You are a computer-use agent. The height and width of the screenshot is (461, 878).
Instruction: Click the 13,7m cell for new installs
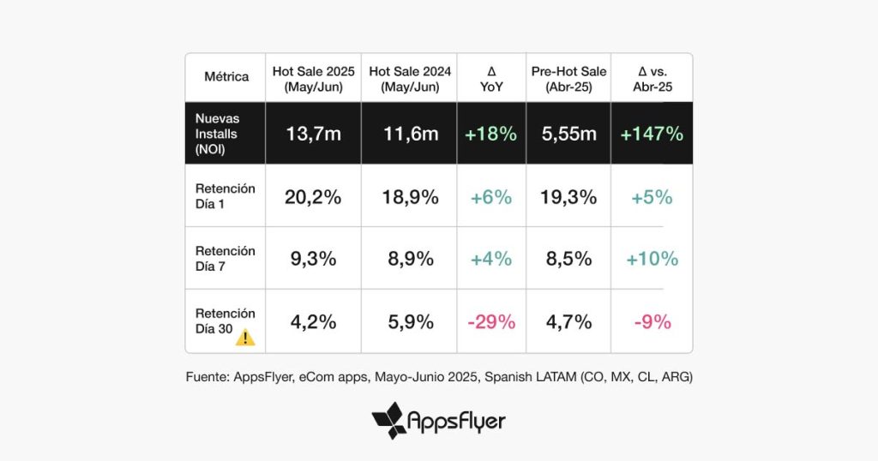tap(313, 134)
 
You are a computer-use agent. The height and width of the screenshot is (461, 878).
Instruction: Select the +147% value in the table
tap(652, 134)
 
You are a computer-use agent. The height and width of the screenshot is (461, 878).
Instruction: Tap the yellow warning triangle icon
tap(246, 337)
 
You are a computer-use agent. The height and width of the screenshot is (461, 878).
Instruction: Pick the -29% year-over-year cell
tap(491, 322)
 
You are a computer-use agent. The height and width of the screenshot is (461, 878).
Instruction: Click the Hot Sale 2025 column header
tap(313, 78)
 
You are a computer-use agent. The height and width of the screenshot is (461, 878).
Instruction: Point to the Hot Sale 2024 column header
tap(410, 78)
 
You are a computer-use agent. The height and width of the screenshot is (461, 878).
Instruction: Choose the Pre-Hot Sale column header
tap(569, 78)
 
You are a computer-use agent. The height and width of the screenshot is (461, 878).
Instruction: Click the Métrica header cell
tap(226, 76)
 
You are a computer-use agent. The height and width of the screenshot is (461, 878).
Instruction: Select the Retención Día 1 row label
tap(226, 196)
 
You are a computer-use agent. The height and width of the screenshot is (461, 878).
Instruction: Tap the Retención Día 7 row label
tap(226, 259)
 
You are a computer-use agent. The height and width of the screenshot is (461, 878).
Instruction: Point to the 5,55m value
tap(569, 134)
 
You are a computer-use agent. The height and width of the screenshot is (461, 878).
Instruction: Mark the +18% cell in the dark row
tap(491, 134)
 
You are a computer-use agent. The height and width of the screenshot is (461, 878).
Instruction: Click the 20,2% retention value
tap(313, 197)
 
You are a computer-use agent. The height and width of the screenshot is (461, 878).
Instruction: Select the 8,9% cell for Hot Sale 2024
tap(410, 259)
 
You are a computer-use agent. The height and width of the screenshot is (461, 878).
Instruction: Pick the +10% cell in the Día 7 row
tap(652, 259)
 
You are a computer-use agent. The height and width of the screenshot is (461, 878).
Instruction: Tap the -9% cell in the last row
tap(652, 322)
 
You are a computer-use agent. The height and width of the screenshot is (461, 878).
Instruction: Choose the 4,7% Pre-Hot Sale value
tap(569, 322)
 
